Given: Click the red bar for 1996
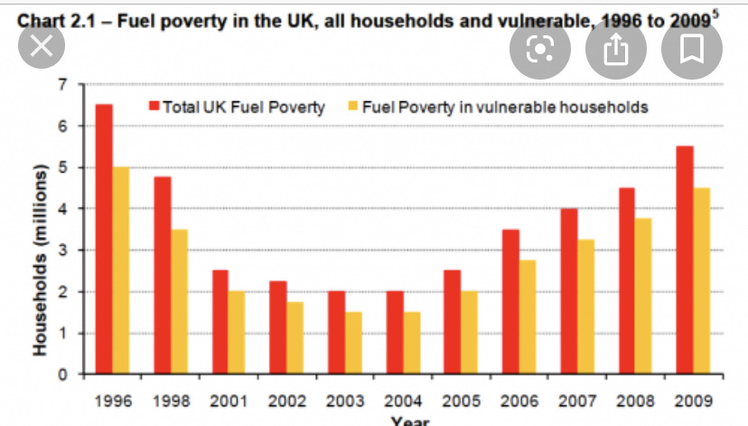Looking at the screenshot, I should point(104,238).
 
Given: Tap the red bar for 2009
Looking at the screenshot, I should point(685,259).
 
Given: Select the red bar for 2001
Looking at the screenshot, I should point(220,321).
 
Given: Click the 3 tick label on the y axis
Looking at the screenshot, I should point(62,251).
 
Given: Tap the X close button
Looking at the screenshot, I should point(41,48).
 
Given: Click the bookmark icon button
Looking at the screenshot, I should point(693,49).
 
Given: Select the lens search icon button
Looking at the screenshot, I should point(539,49).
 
